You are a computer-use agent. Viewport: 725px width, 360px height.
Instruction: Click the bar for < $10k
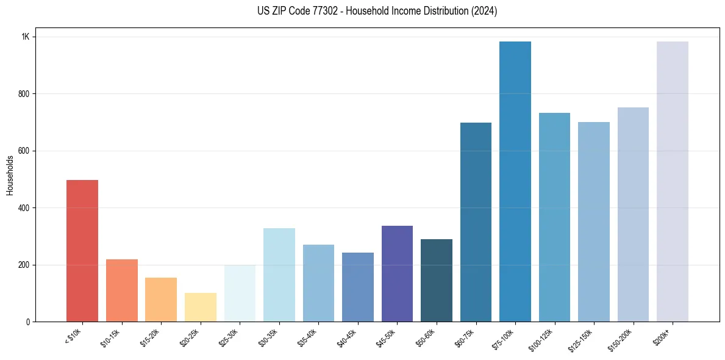coord(82,251)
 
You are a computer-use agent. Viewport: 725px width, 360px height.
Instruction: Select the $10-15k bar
coord(121,290)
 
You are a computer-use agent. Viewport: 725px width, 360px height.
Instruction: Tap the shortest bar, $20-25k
coord(200,308)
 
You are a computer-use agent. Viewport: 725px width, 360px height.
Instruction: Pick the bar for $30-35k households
coord(279,275)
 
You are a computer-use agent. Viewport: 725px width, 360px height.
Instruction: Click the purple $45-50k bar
coord(397,274)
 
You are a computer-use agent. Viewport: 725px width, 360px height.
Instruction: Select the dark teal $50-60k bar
coord(436,281)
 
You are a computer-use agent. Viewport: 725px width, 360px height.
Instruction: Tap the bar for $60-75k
coord(476,222)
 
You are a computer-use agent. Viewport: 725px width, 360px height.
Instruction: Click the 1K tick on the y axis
coord(26,37)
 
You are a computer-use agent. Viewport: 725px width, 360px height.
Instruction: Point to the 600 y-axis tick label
coord(23,151)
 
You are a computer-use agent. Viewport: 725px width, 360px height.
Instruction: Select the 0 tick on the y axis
coord(27,322)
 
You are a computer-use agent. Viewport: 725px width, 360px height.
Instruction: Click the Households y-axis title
coord(10,175)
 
